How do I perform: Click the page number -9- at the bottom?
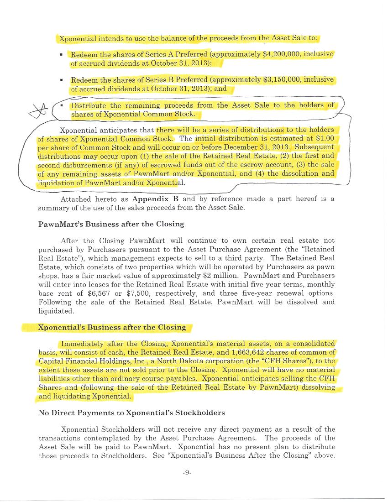pos(187,473)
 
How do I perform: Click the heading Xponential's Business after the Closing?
pos(112,327)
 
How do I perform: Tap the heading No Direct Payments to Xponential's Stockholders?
pos(132,413)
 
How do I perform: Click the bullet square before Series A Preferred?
pos(61,55)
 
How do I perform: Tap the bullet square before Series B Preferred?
pos(61,80)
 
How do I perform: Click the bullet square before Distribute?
pos(61,106)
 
